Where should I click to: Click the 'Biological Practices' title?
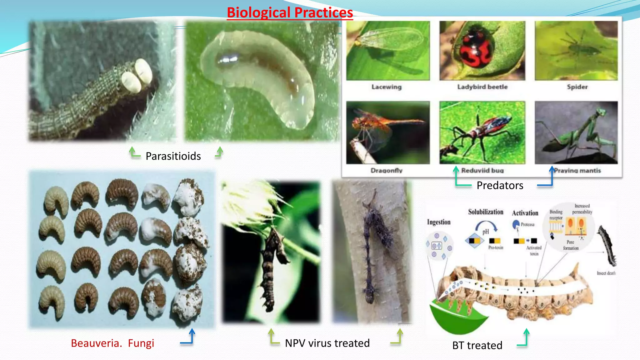pyautogui.click(x=290, y=13)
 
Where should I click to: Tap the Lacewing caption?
pyautogui.click(x=387, y=87)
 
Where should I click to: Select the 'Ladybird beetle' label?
pyautogui.click(x=482, y=87)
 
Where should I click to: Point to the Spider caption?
pyautogui.click(x=577, y=87)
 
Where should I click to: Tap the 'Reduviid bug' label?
pyautogui.click(x=482, y=171)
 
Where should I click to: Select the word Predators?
pyautogui.click(x=500, y=186)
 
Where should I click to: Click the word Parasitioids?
pyautogui.click(x=173, y=156)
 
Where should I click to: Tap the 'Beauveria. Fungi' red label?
pyautogui.click(x=112, y=343)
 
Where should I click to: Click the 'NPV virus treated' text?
pyautogui.click(x=327, y=343)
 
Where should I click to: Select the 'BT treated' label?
pyautogui.click(x=477, y=345)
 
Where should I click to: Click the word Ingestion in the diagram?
pyautogui.click(x=439, y=222)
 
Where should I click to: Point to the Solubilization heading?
pyautogui.click(x=486, y=212)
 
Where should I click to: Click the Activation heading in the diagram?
pyautogui.click(x=525, y=213)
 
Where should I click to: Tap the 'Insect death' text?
pyautogui.click(x=606, y=273)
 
